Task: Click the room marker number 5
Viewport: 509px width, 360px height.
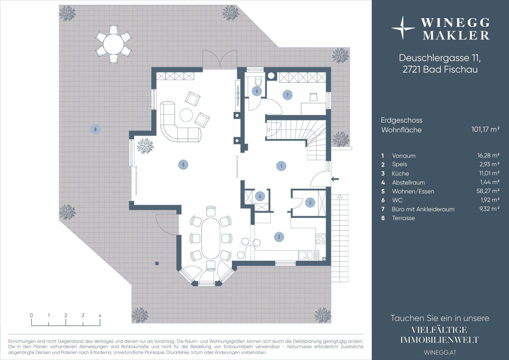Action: click(183, 165)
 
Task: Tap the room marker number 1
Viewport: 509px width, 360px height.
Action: click(281, 166)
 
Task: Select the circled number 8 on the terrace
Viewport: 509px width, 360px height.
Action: click(95, 129)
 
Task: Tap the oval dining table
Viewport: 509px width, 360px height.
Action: click(211, 238)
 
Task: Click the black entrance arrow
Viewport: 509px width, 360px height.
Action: click(335, 179)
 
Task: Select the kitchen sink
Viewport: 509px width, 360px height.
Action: click(305, 255)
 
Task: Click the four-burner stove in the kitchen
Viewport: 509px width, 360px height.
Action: click(321, 239)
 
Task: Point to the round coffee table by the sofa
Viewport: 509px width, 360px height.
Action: click(187, 115)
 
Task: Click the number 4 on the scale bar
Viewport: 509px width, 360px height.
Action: click(100, 315)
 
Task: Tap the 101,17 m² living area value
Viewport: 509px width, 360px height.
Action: click(485, 129)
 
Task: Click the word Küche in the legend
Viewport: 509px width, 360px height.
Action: click(400, 174)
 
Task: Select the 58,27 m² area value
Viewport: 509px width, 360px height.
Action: click(488, 191)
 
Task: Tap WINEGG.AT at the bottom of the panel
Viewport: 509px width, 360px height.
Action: click(440, 352)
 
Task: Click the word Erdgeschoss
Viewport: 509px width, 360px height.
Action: click(402, 120)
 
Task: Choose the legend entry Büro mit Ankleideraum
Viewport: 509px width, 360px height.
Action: click(423, 209)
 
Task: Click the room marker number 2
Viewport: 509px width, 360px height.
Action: click(310, 202)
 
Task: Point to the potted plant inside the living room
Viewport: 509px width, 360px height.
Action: click(145, 146)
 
